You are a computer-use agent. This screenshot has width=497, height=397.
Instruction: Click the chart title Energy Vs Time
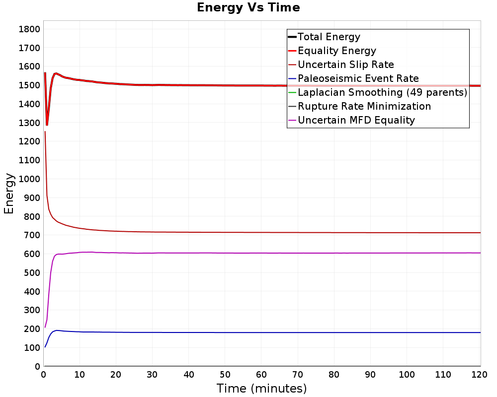point(248,8)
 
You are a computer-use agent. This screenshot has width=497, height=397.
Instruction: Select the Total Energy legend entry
point(329,37)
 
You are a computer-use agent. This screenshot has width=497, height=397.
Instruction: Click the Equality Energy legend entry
point(336,51)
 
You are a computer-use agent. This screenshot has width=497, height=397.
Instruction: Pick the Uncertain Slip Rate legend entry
point(345,65)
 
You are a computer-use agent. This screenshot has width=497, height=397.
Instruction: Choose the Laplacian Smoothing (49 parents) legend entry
point(382,92)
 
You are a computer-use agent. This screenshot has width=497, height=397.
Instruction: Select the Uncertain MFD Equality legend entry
point(356,120)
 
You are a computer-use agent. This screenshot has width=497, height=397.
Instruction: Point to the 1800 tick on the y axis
point(29,29)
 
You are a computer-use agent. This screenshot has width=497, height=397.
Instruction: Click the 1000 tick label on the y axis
point(29,179)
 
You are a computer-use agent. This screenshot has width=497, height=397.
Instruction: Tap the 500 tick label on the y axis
point(31,273)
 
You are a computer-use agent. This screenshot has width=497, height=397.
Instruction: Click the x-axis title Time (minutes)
point(261,388)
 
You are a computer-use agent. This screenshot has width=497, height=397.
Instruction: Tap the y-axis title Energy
point(9,193)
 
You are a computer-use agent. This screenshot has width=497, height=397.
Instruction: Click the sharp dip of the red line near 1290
point(47,125)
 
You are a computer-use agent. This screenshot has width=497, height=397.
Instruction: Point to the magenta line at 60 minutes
point(261,253)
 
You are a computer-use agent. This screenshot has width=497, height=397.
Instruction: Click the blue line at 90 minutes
point(371,332)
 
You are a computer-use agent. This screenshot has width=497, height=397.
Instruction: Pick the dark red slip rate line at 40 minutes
point(189,232)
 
